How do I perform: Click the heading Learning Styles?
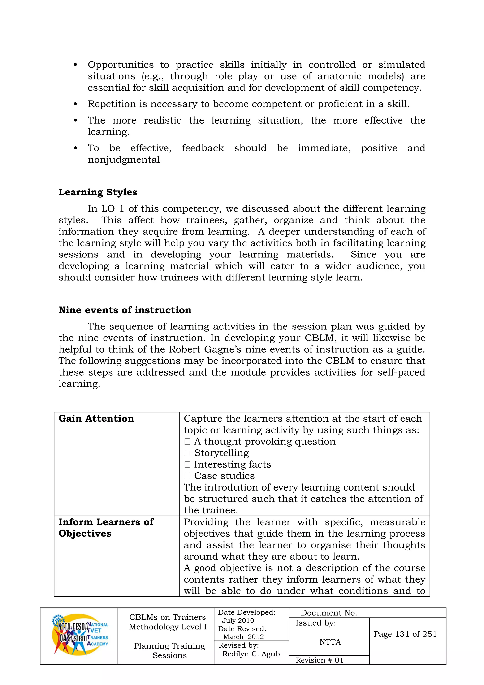pyautogui.click(x=98, y=192)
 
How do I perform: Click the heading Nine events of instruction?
pyautogui.click(x=125, y=310)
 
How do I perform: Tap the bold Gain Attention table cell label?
pyautogui.click(x=96, y=419)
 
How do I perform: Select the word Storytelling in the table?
pyautogui.click(x=221, y=453)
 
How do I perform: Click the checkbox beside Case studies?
pyautogui.click(x=187, y=476)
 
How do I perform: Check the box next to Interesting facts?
pyautogui.click(x=187, y=464)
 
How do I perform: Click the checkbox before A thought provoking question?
pyautogui.click(x=187, y=442)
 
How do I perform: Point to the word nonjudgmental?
pyautogui.click(x=124, y=160)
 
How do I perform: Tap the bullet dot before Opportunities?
pyautogui.click(x=75, y=65)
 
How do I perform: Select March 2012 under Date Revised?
pyautogui.click(x=243, y=637)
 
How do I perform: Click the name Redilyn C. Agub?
pyautogui.click(x=251, y=654)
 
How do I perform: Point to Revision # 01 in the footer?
pyautogui.click(x=319, y=660)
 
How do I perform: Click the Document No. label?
pyautogui.click(x=328, y=613)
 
